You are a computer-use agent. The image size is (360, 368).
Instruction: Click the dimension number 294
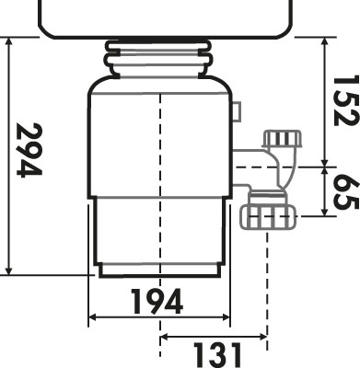coord(29,150)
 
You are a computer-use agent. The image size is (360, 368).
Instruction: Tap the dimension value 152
coord(346,100)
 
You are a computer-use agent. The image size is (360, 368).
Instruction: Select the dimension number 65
coord(346,192)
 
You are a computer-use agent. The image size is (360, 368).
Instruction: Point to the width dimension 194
coord(157,302)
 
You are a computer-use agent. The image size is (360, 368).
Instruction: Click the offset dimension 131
coord(217,355)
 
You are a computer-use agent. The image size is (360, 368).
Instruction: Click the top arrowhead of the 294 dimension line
coord(9,41)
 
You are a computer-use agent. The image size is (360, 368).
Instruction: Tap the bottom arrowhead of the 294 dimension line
coord(9,270)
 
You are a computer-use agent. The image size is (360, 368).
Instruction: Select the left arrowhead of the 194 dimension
coord(93,317)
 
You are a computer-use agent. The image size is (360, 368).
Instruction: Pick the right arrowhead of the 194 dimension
coord(226,317)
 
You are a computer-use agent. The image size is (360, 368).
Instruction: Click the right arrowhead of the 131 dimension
coord(262,338)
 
